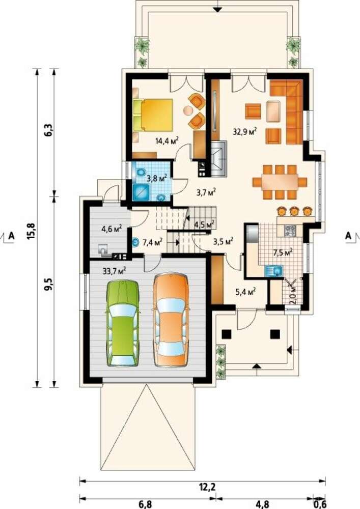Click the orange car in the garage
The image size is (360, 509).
(171, 321)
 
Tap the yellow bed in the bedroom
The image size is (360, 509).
(153, 115)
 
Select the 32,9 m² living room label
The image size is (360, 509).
(245, 131)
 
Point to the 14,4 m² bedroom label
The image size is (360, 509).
(168, 140)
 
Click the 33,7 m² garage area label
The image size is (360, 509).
(114, 270)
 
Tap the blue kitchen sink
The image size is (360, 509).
(273, 270)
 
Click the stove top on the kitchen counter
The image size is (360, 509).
(290, 231)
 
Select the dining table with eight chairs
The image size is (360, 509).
(280, 182)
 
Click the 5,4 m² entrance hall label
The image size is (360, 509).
(245, 292)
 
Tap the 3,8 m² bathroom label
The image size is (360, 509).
(156, 178)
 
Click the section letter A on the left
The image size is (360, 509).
(12, 235)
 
